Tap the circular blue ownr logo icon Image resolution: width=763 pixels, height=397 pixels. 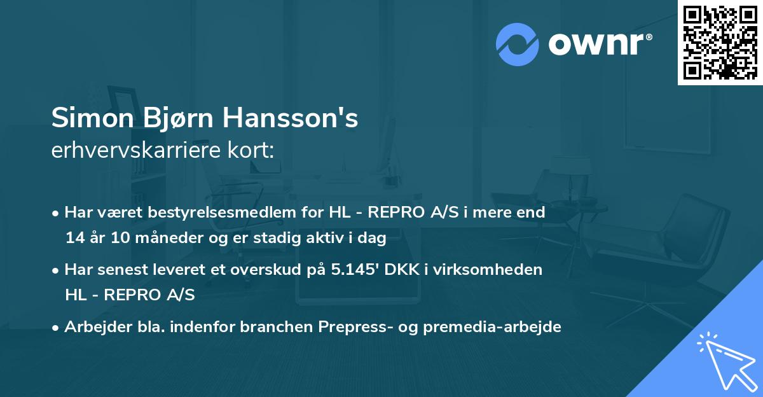(518, 44)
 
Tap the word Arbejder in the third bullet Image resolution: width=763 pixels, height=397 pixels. (93, 327)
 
